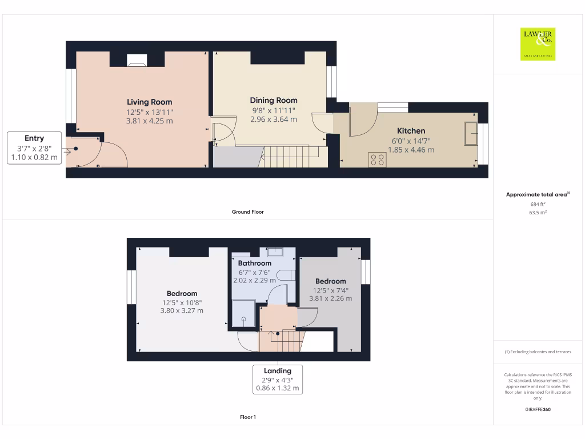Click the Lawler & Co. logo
pyautogui.click(x=538, y=44)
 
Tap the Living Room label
pyautogui.click(x=149, y=102)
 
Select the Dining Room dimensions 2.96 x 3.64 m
pyautogui.click(x=274, y=119)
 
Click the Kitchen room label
pyautogui.click(x=411, y=131)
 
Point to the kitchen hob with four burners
pyautogui.click(x=377, y=159)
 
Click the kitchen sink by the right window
pyautogui.click(x=471, y=134)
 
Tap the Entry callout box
pyautogui.click(x=34, y=148)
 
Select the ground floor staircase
pyautogui.click(x=291, y=155)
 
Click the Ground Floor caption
pyautogui.click(x=247, y=212)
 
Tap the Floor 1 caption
pyautogui.click(x=247, y=417)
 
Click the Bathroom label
pyautogui.click(x=255, y=264)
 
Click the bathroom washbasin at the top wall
pyautogui.click(x=274, y=251)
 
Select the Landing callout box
pyautogui.click(x=278, y=380)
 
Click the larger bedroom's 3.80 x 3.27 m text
pyautogui.click(x=182, y=311)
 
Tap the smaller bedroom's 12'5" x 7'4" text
pyautogui.click(x=330, y=290)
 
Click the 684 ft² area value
pyautogui.click(x=537, y=203)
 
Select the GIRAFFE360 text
pyautogui.click(x=538, y=409)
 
